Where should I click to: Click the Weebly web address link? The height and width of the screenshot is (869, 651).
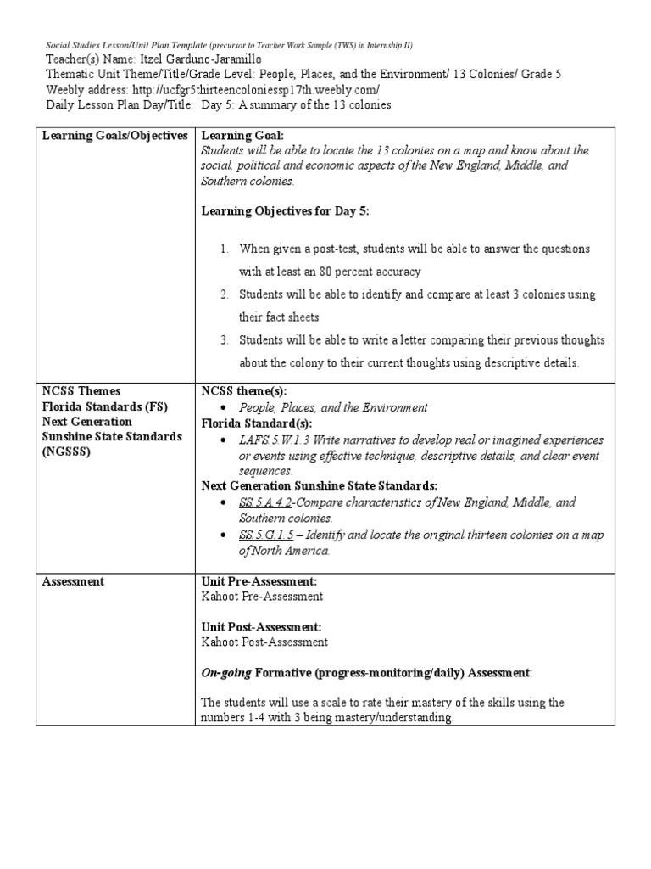245,89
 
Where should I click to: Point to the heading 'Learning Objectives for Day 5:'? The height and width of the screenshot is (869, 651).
285,211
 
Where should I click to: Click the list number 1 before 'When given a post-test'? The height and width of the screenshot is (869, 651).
225,249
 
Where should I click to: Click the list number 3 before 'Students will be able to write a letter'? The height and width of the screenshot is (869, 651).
225,340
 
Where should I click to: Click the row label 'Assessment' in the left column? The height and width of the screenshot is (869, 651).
73,581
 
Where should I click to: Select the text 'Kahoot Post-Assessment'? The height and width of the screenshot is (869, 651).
264,642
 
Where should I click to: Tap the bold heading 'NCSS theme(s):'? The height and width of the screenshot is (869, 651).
244,391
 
